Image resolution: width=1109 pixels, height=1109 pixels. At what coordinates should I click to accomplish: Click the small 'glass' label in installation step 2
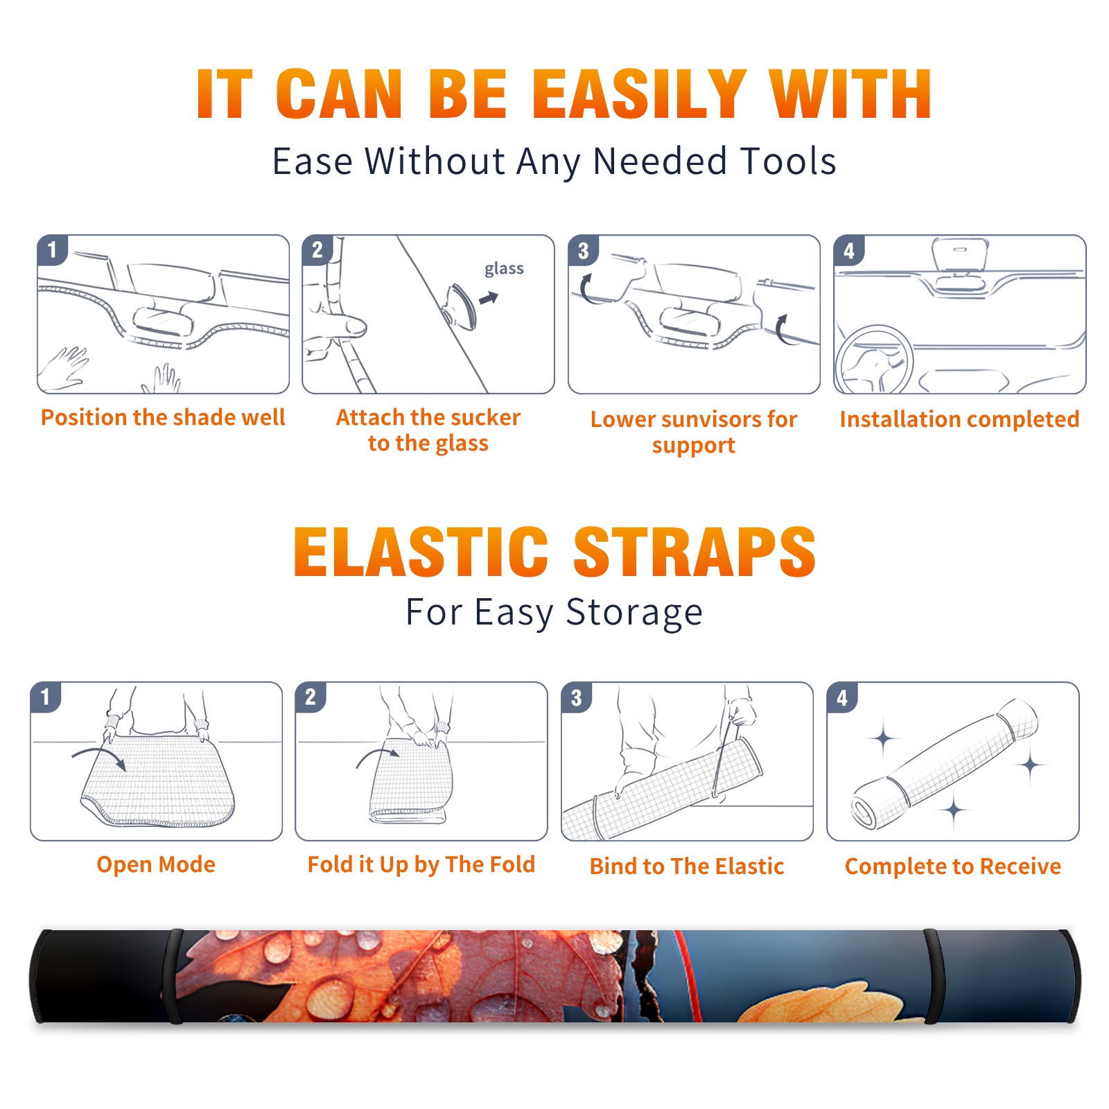[x=504, y=269]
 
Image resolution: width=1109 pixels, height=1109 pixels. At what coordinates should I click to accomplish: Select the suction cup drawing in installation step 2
[x=462, y=306]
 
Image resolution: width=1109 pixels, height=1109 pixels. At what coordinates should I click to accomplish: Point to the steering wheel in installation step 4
[x=874, y=359]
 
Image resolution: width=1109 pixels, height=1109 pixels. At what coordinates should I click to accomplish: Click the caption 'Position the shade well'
[x=163, y=417]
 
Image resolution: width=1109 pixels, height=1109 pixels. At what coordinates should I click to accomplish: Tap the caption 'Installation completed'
[x=959, y=419]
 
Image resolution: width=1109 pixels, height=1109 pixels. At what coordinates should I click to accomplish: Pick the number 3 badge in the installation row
[x=583, y=250]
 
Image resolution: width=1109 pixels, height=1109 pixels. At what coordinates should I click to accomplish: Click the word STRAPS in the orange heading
[x=695, y=552]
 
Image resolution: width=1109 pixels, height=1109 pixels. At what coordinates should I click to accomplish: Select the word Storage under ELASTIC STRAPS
[x=634, y=613]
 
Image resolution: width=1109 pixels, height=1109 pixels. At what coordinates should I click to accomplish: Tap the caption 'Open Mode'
[x=156, y=864]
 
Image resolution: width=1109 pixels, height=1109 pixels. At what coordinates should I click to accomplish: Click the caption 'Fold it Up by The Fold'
[x=421, y=864]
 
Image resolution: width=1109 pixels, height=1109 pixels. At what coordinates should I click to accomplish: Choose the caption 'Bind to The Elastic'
[x=687, y=866]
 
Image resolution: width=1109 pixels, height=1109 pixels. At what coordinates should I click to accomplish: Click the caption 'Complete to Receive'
[x=953, y=866]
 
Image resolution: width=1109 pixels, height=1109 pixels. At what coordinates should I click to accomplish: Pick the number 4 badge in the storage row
[x=841, y=697]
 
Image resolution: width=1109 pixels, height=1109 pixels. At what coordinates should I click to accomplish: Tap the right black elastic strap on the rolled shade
[x=933, y=976]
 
